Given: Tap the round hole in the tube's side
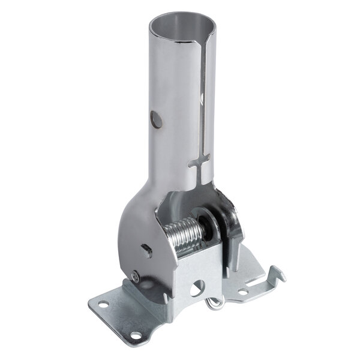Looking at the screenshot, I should pyautogui.click(x=157, y=119).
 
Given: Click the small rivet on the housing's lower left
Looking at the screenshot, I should pyautogui.click(x=137, y=276).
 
